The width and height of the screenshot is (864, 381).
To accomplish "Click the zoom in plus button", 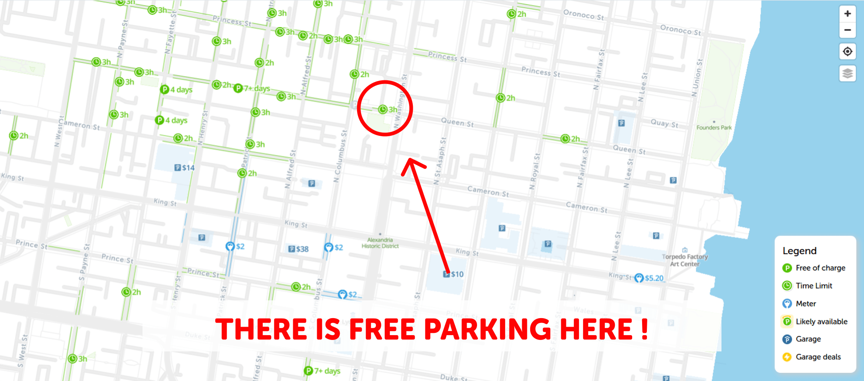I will coord(847,14).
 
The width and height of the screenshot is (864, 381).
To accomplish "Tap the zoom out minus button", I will coord(847,30).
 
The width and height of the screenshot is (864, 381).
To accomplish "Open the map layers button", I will coord(847,73).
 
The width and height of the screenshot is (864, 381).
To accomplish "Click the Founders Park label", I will coord(714,127).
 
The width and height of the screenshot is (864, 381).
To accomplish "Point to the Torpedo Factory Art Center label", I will coord(685,260).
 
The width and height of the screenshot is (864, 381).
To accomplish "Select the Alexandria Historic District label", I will coord(380,243).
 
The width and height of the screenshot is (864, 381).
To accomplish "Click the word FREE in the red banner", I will coord(382,329).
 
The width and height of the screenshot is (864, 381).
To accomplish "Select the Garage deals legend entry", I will coord(818,357).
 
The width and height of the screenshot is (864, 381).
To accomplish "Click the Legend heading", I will coord(799,251).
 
